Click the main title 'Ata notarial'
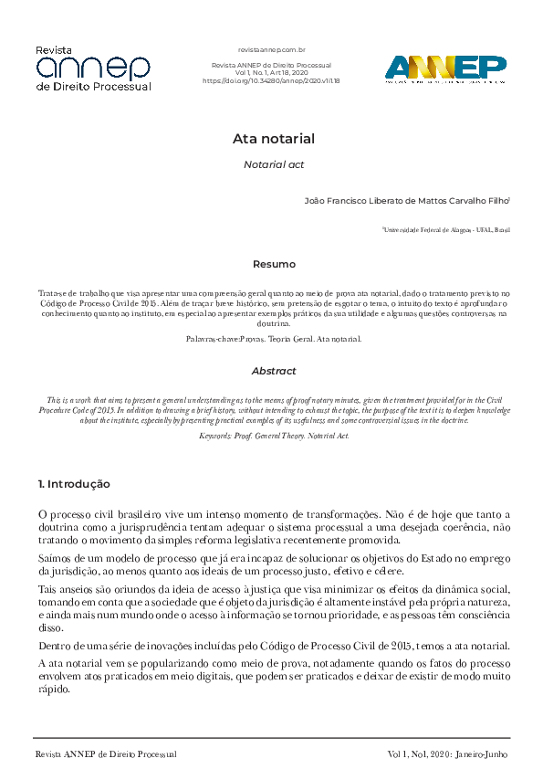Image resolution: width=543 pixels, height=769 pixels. coord(273,140)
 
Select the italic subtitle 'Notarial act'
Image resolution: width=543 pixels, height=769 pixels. coord(273,165)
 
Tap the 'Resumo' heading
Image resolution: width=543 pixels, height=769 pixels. coord(273,264)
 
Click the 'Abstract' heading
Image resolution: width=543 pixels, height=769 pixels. coord(273,372)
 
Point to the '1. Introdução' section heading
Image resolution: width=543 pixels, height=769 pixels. coord(74,483)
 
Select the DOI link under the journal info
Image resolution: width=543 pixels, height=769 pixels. coord(271,80)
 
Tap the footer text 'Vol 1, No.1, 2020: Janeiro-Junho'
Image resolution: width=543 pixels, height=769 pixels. coord(447,754)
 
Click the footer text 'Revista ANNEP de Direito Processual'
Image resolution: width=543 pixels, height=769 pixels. coord(105,754)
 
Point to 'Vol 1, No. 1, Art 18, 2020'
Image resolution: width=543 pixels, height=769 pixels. coord(271,73)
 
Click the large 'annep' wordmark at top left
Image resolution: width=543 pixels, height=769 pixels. coord(92,67)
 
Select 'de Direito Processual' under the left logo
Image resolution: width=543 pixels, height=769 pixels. coord(92,87)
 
